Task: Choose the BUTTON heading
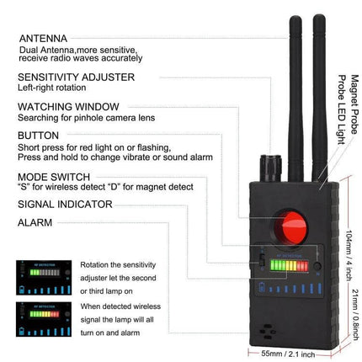pos(38,134)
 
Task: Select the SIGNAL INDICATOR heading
pos(64,203)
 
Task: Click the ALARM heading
pos(34,223)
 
